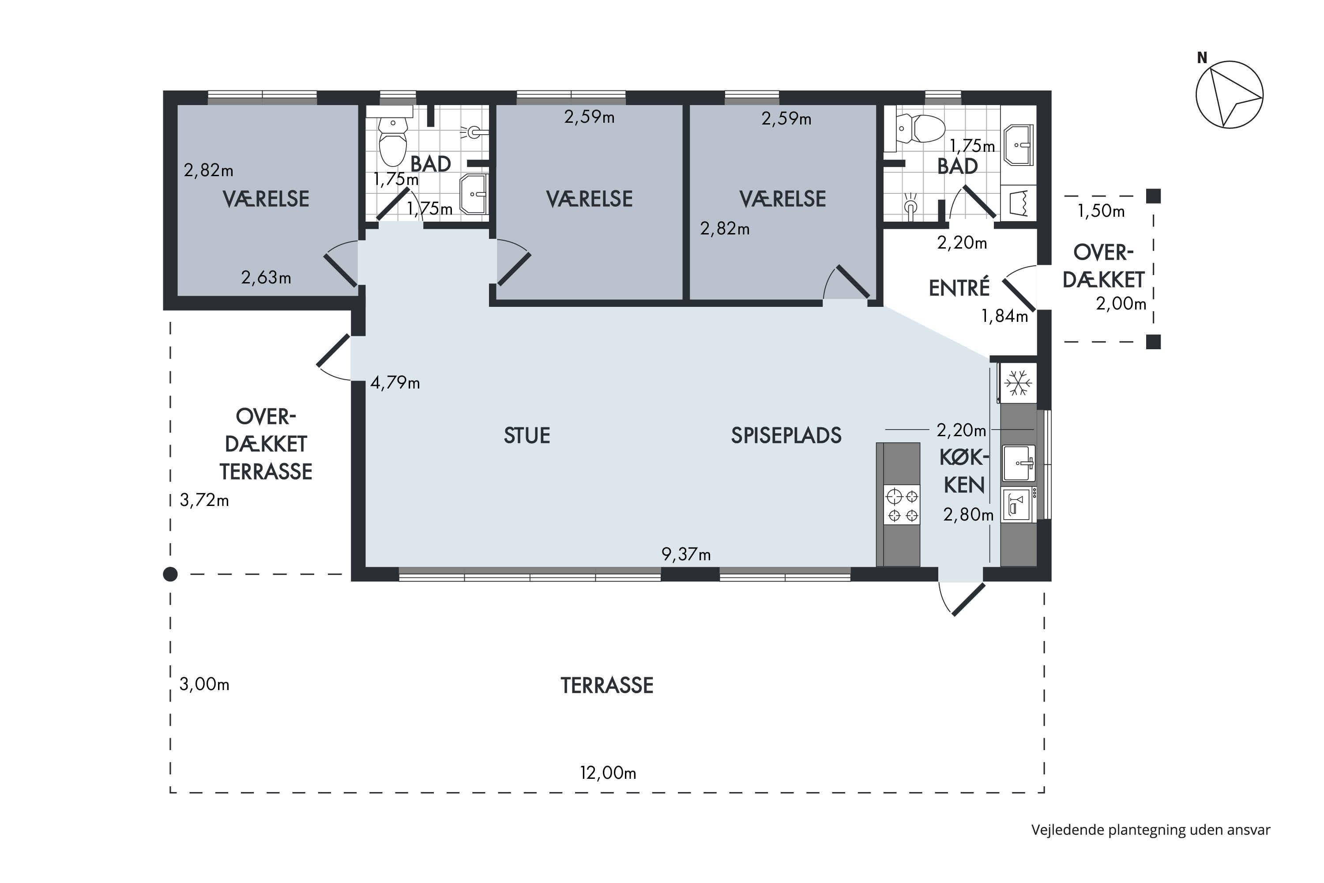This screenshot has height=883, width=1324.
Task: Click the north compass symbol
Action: click(x=1229, y=94)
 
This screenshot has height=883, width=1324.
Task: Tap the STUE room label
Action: click(x=527, y=435)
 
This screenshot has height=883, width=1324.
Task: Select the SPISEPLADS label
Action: click(x=786, y=435)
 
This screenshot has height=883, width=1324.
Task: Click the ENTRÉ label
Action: click(x=959, y=287)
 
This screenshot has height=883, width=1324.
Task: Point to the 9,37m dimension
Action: click(x=686, y=555)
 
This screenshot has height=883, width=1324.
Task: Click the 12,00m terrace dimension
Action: click(x=608, y=773)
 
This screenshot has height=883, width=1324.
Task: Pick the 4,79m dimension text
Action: click(x=395, y=383)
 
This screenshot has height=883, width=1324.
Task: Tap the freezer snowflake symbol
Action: click(x=1018, y=383)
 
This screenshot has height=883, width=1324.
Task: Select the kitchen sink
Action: click(x=1019, y=463)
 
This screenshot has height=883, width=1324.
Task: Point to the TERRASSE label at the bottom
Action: click(x=607, y=685)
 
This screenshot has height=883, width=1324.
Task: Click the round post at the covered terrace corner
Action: click(x=170, y=574)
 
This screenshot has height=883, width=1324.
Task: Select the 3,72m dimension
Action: click(x=204, y=500)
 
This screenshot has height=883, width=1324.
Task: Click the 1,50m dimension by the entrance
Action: click(x=1101, y=211)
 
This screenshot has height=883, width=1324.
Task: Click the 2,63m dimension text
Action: click(x=266, y=277)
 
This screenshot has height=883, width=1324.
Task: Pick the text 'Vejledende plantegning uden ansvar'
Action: click(x=1151, y=830)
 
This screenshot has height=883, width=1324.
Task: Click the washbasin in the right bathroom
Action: click(x=1019, y=145)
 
